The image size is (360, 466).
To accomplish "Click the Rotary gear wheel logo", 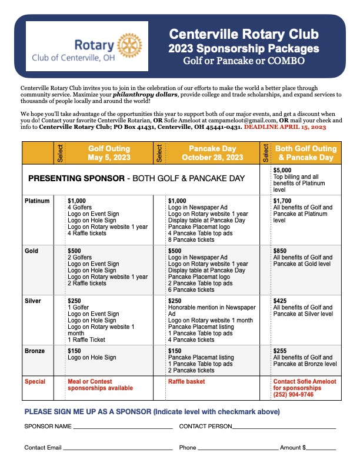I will click(129, 45).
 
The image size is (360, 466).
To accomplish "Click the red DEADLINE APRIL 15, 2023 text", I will click(293, 127).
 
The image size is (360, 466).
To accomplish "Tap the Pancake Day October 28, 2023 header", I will click(212, 153).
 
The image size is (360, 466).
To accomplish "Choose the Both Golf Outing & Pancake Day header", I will click(306, 153).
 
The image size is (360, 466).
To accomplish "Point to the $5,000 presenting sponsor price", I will click(283, 170).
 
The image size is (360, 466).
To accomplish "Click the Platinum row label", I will click(37, 201).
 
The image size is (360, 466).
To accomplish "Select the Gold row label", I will click(31, 251).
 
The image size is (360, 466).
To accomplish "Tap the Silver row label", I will click(32, 301).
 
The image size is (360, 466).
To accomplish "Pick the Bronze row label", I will click(35, 351).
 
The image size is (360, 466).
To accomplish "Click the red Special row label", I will click(35, 382).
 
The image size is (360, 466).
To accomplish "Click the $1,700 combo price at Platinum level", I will click(283, 201).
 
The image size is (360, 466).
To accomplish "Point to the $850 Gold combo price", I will click(281, 251).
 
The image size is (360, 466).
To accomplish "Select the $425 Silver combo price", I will click(281, 301).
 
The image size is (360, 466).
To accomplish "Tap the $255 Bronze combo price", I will click(281, 351).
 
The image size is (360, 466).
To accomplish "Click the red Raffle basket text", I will click(187, 382).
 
